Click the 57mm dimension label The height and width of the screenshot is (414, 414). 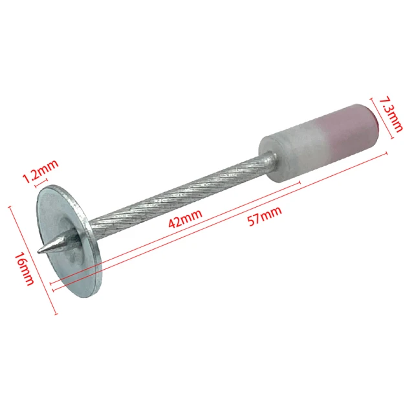265,216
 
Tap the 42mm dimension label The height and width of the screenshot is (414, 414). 186,219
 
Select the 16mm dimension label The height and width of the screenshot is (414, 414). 25,269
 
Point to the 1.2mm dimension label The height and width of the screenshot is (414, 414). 41,171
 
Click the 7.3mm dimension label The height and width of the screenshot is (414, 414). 391,114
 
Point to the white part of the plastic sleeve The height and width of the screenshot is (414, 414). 293,156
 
